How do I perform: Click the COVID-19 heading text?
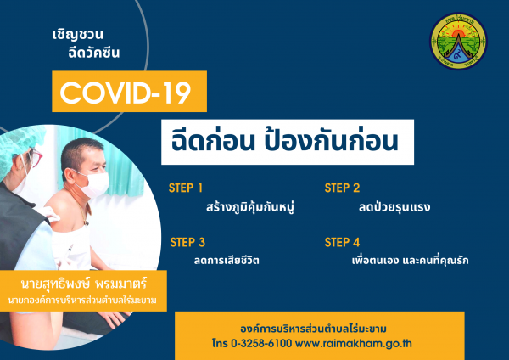(126, 93)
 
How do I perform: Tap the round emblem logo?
(458, 41)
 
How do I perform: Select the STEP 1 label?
(185, 188)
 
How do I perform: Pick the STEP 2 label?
(342, 188)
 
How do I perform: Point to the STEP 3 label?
(187, 242)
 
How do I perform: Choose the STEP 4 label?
(342, 242)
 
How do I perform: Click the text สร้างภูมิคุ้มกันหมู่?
(250, 207)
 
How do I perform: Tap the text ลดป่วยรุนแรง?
(394, 207)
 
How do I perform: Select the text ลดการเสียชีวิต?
(227, 260)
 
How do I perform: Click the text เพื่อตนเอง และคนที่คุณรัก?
(410, 260)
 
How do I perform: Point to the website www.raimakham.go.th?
(354, 343)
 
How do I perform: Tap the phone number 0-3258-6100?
(261, 343)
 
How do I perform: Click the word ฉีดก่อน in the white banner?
(213, 141)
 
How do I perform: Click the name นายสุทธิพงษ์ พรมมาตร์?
(84, 284)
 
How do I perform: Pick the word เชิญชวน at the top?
(77, 35)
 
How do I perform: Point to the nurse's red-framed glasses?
(35, 157)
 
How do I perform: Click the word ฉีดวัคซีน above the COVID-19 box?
(94, 53)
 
